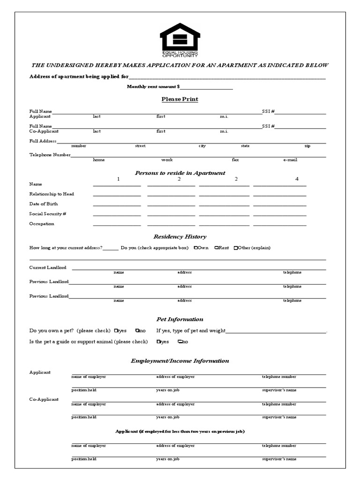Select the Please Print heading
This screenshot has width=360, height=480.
click(180, 99)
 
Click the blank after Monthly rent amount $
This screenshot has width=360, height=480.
click(206, 87)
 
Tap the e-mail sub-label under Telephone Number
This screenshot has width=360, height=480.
click(290, 160)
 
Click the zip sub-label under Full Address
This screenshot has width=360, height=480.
click(307, 146)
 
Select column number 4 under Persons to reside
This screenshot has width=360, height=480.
click(297, 179)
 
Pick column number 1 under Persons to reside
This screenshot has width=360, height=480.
click(118, 179)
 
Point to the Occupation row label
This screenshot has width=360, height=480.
click(42, 224)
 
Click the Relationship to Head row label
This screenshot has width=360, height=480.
click(52, 194)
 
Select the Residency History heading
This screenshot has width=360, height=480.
click(180, 237)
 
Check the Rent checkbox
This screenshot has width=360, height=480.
click(216, 248)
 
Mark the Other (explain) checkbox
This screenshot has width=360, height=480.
click(236, 248)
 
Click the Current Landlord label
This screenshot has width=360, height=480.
click(48, 268)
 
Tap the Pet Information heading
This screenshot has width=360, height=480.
click(180, 319)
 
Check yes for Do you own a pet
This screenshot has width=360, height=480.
click(116, 331)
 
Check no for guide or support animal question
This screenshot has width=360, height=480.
click(179, 342)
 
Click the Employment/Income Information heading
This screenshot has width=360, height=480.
click(180, 361)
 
